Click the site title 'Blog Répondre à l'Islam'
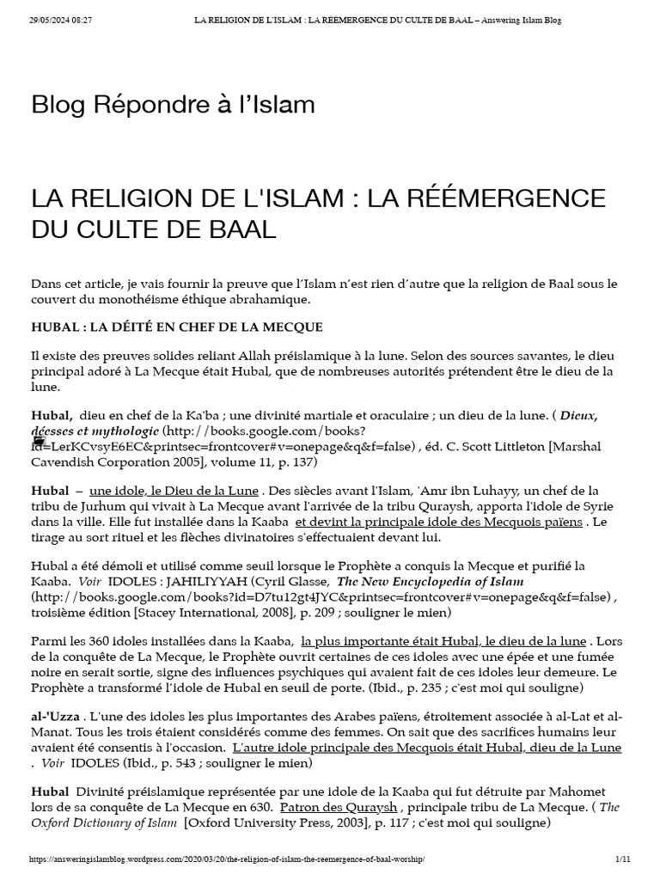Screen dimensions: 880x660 173,105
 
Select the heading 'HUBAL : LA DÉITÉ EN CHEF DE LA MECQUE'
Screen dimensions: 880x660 176,327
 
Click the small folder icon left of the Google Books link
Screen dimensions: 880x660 39,439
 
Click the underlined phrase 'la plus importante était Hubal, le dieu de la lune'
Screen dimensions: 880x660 443,641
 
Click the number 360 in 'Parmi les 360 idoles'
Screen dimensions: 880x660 101,641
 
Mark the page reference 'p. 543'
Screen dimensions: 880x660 192,762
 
